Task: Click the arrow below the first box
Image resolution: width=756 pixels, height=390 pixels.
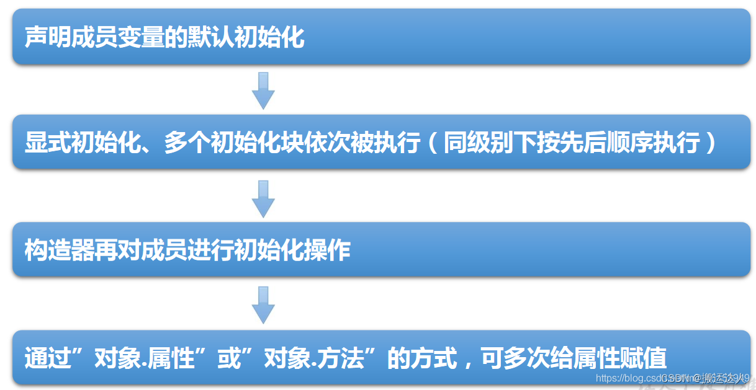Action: coord(263,90)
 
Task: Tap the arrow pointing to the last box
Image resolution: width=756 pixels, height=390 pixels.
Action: coord(263,304)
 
